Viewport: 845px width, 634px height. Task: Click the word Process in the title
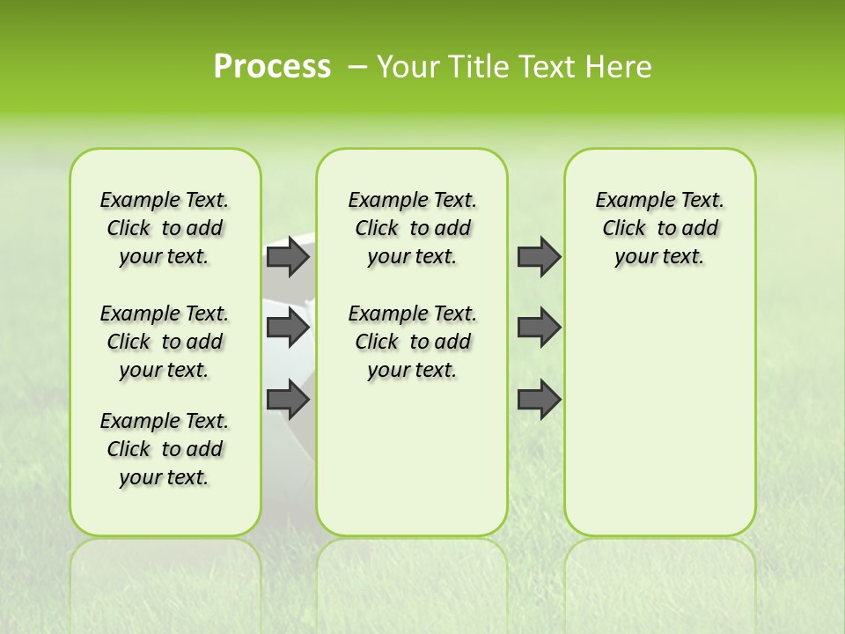[272, 67]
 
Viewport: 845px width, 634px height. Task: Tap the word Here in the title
[621, 67]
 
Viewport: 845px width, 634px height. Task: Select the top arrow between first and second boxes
[287, 256]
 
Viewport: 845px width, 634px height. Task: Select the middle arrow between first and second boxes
[287, 328]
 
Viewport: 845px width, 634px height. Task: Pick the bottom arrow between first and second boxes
[287, 400]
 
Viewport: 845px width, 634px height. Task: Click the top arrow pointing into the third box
[539, 256]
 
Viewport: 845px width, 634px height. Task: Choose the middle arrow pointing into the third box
[539, 328]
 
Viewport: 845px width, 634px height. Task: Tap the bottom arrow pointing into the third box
[539, 400]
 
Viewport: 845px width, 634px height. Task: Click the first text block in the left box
[165, 228]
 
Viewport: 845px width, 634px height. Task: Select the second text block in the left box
[165, 342]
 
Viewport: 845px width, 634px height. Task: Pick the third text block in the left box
[165, 449]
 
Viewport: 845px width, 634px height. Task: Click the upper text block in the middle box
[412, 228]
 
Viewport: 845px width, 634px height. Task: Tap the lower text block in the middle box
[412, 342]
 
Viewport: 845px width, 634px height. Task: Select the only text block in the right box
[659, 228]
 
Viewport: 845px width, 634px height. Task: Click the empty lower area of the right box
[659, 414]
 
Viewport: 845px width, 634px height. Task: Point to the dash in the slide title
[357, 67]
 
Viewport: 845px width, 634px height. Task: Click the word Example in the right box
[628, 200]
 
